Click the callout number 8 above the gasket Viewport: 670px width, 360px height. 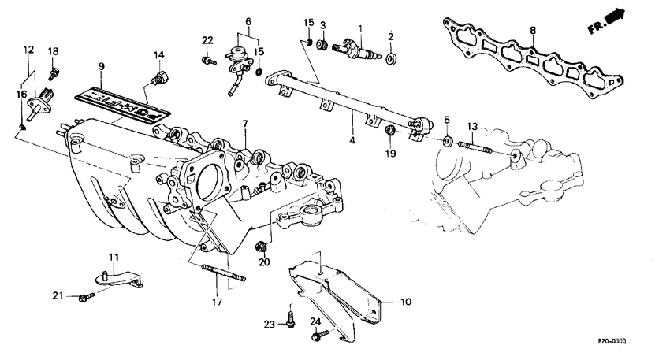532,30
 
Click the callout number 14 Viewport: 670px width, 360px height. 159,54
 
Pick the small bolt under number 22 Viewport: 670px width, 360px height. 207,59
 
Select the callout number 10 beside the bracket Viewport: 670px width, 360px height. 406,301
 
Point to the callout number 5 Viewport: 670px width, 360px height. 447,120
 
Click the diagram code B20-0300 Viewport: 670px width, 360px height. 611,341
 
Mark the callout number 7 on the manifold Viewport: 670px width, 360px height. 244,124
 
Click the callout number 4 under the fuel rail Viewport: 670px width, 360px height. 352,140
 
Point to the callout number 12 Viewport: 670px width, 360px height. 28,50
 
